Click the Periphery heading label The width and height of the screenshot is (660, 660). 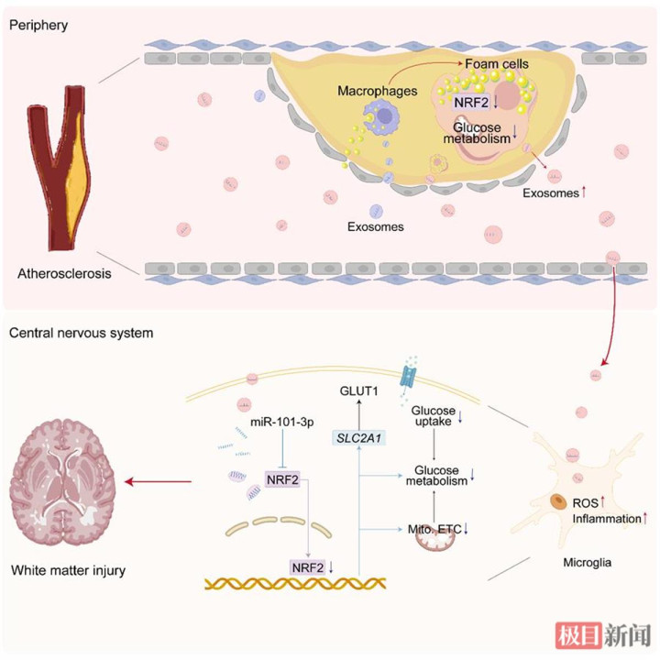point(38,26)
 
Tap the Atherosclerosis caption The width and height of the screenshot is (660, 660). point(64,273)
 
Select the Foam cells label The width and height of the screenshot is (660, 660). point(497,64)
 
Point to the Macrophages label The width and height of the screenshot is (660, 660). point(378,91)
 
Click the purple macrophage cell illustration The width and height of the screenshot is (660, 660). point(381,117)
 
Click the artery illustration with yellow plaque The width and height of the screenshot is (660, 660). point(60,169)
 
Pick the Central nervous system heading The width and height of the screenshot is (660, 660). point(82,333)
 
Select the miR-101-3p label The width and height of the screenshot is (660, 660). point(282,422)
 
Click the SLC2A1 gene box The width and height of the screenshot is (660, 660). point(358,438)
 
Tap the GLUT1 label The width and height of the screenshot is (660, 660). point(358,391)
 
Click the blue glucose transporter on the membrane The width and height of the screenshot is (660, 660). point(408,376)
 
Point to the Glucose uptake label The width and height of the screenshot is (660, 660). point(434,416)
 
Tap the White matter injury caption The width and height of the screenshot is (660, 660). point(68,571)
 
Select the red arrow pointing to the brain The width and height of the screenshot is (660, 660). point(158,481)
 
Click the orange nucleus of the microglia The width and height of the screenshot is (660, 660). point(558,500)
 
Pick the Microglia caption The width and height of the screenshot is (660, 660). point(588,562)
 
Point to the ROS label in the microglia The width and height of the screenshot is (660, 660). point(585,503)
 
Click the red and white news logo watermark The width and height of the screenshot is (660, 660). point(603,635)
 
